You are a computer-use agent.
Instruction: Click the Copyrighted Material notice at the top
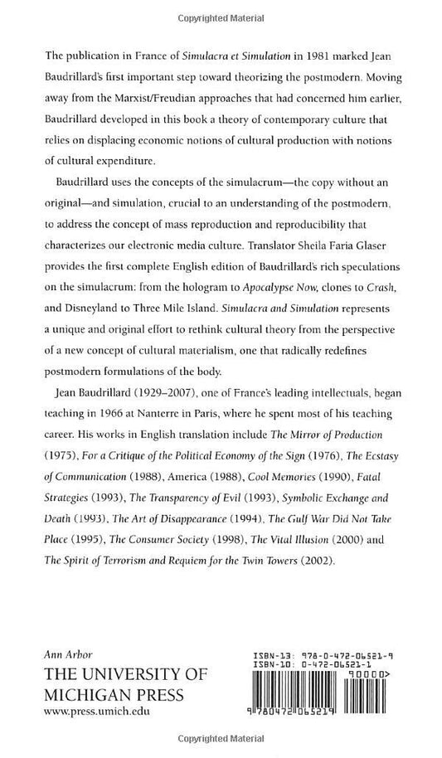221,15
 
